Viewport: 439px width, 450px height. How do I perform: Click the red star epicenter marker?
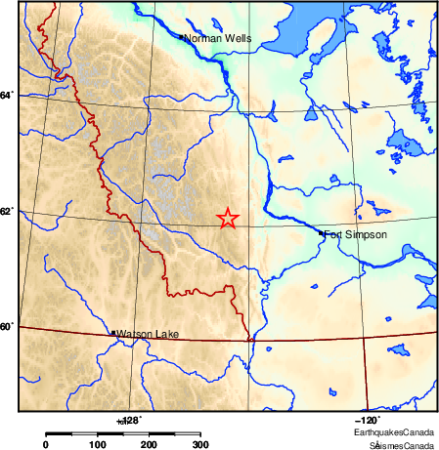click(x=228, y=219)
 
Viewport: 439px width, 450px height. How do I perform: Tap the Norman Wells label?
click(x=218, y=39)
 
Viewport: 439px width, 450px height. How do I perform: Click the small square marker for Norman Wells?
click(x=183, y=37)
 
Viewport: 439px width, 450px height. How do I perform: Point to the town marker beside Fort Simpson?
click(x=322, y=232)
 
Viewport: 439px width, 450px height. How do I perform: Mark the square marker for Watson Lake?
click(x=114, y=333)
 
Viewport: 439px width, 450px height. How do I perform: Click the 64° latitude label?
click(x=7, y=95)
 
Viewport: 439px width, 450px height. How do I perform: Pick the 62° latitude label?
click(x=7, y=211)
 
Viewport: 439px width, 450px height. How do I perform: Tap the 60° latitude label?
click(x=7, y=326)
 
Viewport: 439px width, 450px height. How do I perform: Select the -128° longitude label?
click(x=129, y=420)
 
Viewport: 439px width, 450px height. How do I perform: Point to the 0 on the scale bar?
click(x=45, y=445)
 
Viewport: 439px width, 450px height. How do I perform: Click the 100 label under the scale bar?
click(x=97, y=445)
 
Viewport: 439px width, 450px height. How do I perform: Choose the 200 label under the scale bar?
click(x=150, y=445)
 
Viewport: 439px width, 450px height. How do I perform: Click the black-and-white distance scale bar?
click(x=123, y=433)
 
